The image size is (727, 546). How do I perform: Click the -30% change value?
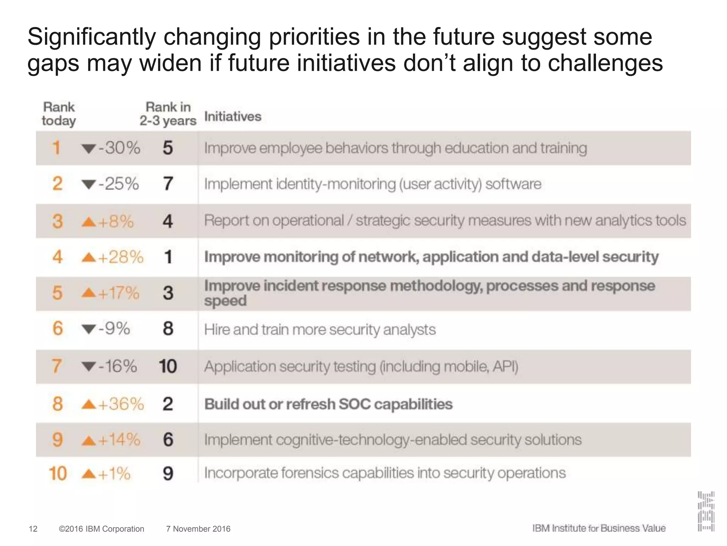119,148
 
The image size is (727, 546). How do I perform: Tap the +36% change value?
121,404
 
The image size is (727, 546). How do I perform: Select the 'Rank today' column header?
59,114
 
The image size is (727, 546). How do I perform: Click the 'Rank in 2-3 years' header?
168,114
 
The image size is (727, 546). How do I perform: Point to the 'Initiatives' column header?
233,117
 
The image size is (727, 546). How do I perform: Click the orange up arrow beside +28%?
89,257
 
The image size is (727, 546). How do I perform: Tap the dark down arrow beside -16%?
89,366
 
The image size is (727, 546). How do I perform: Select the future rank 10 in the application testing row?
168,366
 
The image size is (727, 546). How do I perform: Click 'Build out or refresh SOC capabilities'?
328,404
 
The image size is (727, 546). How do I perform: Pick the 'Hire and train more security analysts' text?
320,330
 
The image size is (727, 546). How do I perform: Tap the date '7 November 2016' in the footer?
198,529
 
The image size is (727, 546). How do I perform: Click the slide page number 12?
33,529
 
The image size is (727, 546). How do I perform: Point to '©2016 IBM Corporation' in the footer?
102,529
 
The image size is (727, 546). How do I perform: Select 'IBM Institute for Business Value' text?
599,528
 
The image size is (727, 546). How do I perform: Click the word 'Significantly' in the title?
92,37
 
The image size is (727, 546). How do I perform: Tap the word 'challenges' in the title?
605,63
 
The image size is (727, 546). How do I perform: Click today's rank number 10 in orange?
58,474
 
